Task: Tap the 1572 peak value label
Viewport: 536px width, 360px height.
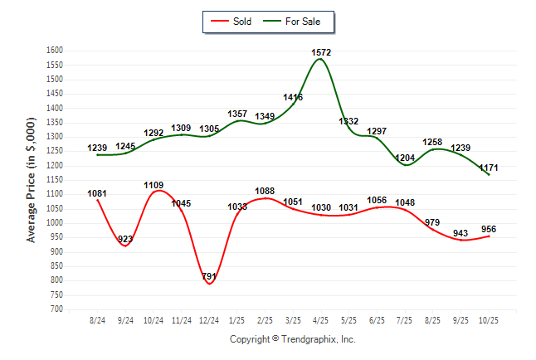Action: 321,52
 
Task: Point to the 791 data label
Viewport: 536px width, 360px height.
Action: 210,276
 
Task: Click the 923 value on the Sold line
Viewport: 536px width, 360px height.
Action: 125,239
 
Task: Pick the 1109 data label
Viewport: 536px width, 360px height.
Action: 153,185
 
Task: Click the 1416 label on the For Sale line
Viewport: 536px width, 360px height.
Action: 293,98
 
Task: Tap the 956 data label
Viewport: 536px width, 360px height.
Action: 489,228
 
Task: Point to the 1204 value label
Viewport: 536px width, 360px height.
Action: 405,158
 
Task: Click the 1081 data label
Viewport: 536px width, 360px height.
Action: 97,193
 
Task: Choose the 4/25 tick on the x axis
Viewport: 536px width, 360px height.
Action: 321,319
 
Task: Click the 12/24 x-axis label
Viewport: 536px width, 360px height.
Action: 209,319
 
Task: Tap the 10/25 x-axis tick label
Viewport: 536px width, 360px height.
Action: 489,319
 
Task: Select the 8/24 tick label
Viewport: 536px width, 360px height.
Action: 97,319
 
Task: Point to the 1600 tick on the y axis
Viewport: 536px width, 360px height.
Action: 54,51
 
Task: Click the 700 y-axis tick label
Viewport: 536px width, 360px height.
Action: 56,309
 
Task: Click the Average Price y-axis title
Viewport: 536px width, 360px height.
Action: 32,180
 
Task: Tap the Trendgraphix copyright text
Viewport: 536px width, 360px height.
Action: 292,339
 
